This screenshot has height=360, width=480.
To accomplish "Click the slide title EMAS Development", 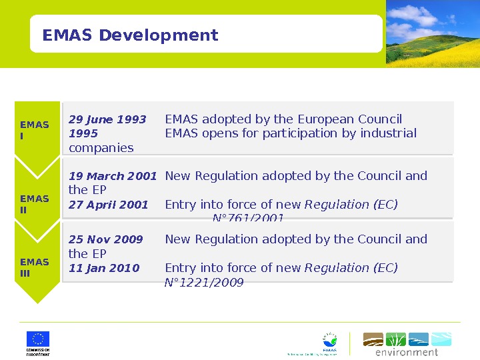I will point(130,35).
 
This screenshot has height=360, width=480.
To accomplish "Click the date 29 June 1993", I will point(107,120).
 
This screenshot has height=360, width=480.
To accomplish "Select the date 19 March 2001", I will point(113,177).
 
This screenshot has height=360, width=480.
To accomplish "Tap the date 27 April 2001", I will point(109,205).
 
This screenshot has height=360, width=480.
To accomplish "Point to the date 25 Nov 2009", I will point(106,239).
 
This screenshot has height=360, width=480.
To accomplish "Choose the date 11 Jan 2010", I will point(104,268).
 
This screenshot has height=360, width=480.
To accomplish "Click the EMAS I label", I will point(35,130).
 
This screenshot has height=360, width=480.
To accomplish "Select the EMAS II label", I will point(35,204).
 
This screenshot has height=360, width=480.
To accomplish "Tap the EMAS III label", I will point(35,267).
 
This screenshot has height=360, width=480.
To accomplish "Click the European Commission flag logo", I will point(38,339).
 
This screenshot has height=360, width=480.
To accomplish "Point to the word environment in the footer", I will point(407,352).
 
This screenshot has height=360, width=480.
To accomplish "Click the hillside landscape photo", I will point(433,33).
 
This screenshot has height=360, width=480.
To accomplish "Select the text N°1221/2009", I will point(204,283).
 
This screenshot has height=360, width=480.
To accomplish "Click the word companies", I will point(101,148).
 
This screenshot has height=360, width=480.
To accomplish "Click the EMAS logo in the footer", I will point(329,343).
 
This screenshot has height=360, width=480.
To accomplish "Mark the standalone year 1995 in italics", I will point(83,133).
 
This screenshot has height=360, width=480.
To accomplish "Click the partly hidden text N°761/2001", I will point(248,218).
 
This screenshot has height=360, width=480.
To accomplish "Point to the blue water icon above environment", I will point(419,339).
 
